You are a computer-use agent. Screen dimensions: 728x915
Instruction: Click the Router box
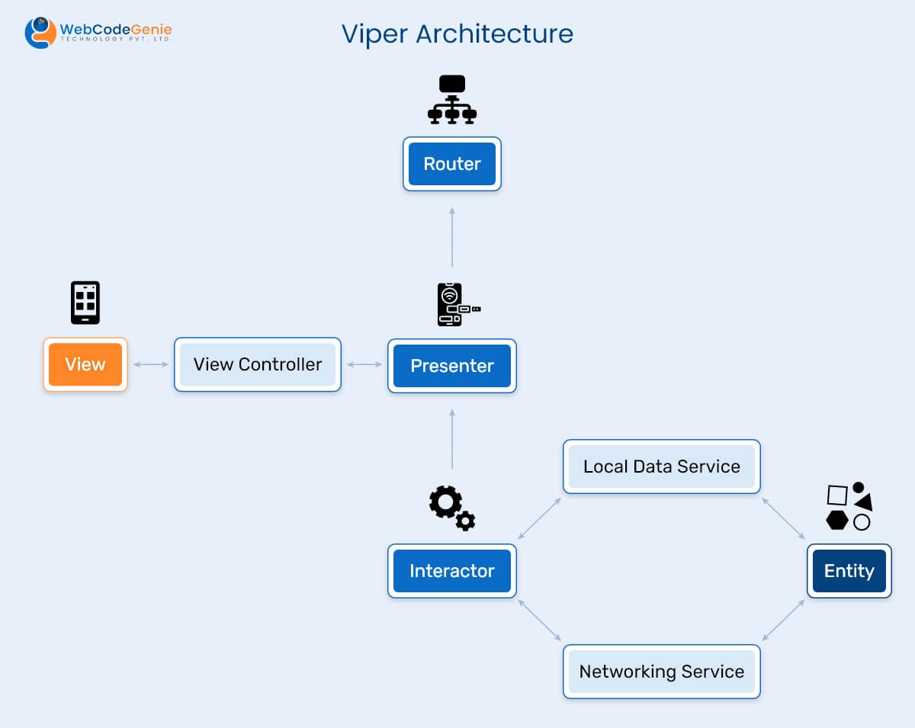point(452,164)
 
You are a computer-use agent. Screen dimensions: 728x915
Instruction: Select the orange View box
point(85,364)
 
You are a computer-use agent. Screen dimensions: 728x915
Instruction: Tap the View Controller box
point(258,364)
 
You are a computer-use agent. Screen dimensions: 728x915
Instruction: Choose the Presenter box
point(452,366)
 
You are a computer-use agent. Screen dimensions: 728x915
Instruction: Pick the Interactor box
point(452,571)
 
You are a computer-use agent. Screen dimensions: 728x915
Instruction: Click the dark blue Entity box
point(849,571)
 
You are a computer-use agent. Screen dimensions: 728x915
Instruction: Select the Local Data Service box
point(662,467)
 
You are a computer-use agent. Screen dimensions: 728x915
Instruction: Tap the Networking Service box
point(662,672)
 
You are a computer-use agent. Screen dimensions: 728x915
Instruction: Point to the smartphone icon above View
point(85,303)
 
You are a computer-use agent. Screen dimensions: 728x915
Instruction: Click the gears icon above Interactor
point(451,507)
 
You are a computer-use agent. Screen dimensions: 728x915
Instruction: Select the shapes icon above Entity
point(849,506)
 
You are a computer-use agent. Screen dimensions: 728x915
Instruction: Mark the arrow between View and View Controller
point(151,364)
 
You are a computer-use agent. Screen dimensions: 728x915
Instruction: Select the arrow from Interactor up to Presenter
point(452,439)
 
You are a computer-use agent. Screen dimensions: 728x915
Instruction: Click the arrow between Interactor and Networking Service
point(540,620)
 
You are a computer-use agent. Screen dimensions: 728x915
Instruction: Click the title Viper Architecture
point(457,34)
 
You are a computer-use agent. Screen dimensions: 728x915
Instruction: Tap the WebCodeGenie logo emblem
point(40,33)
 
